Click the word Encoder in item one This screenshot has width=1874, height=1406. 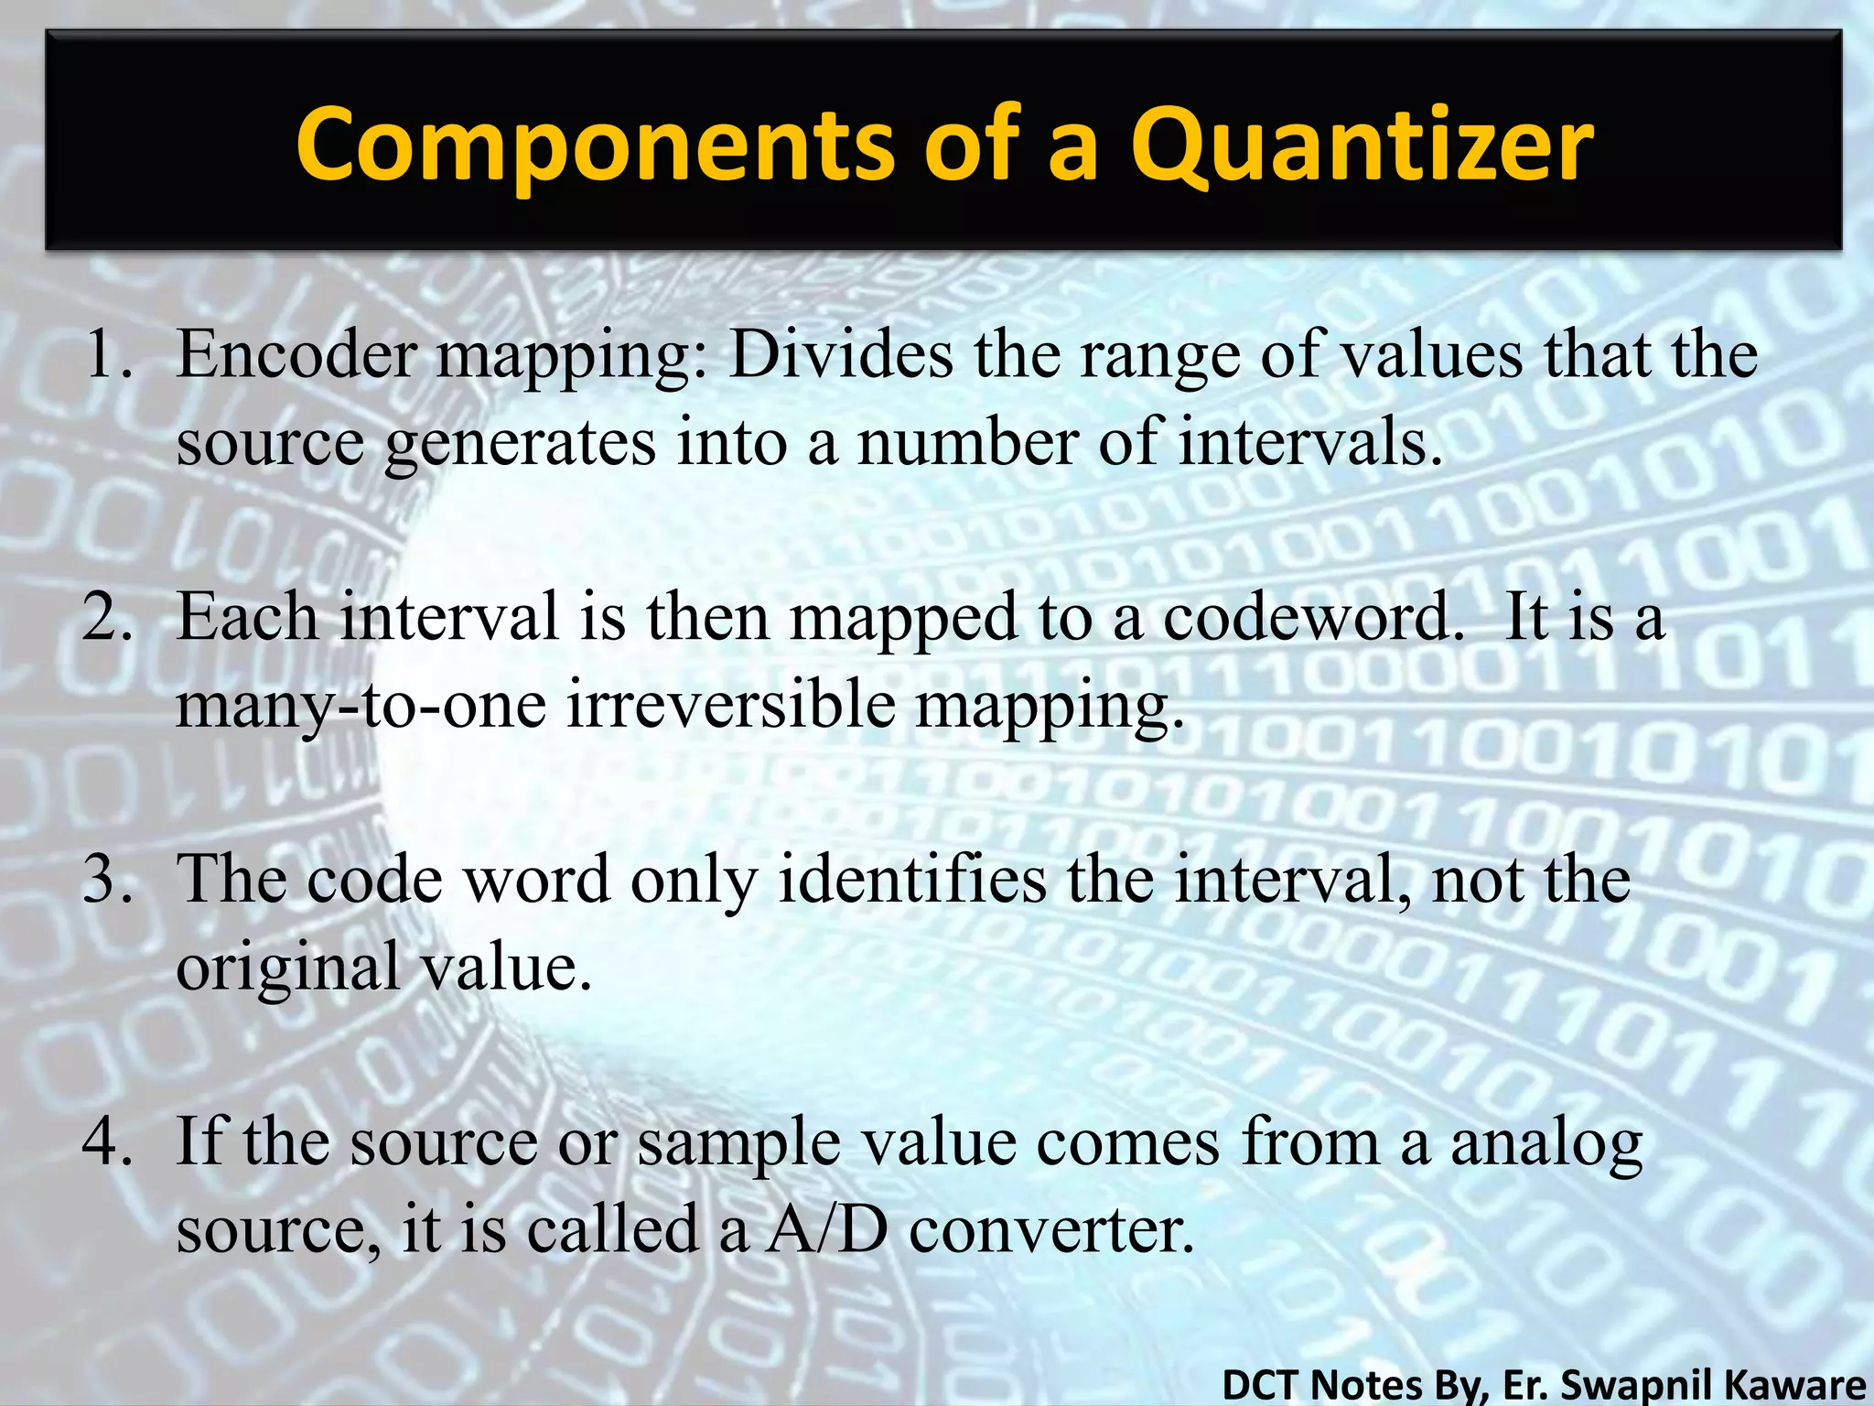point(296,355)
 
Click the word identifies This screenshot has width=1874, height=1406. point(911,880)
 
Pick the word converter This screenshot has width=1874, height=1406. point(1051,1229)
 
